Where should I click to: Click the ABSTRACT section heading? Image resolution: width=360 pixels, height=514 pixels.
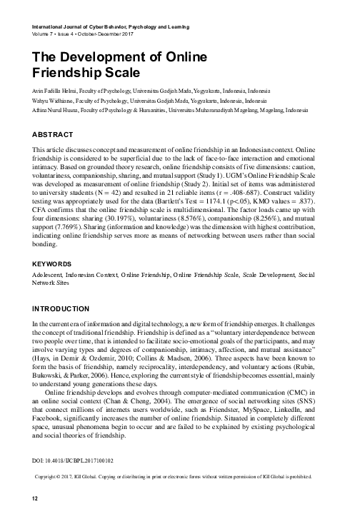pos(54,133)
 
